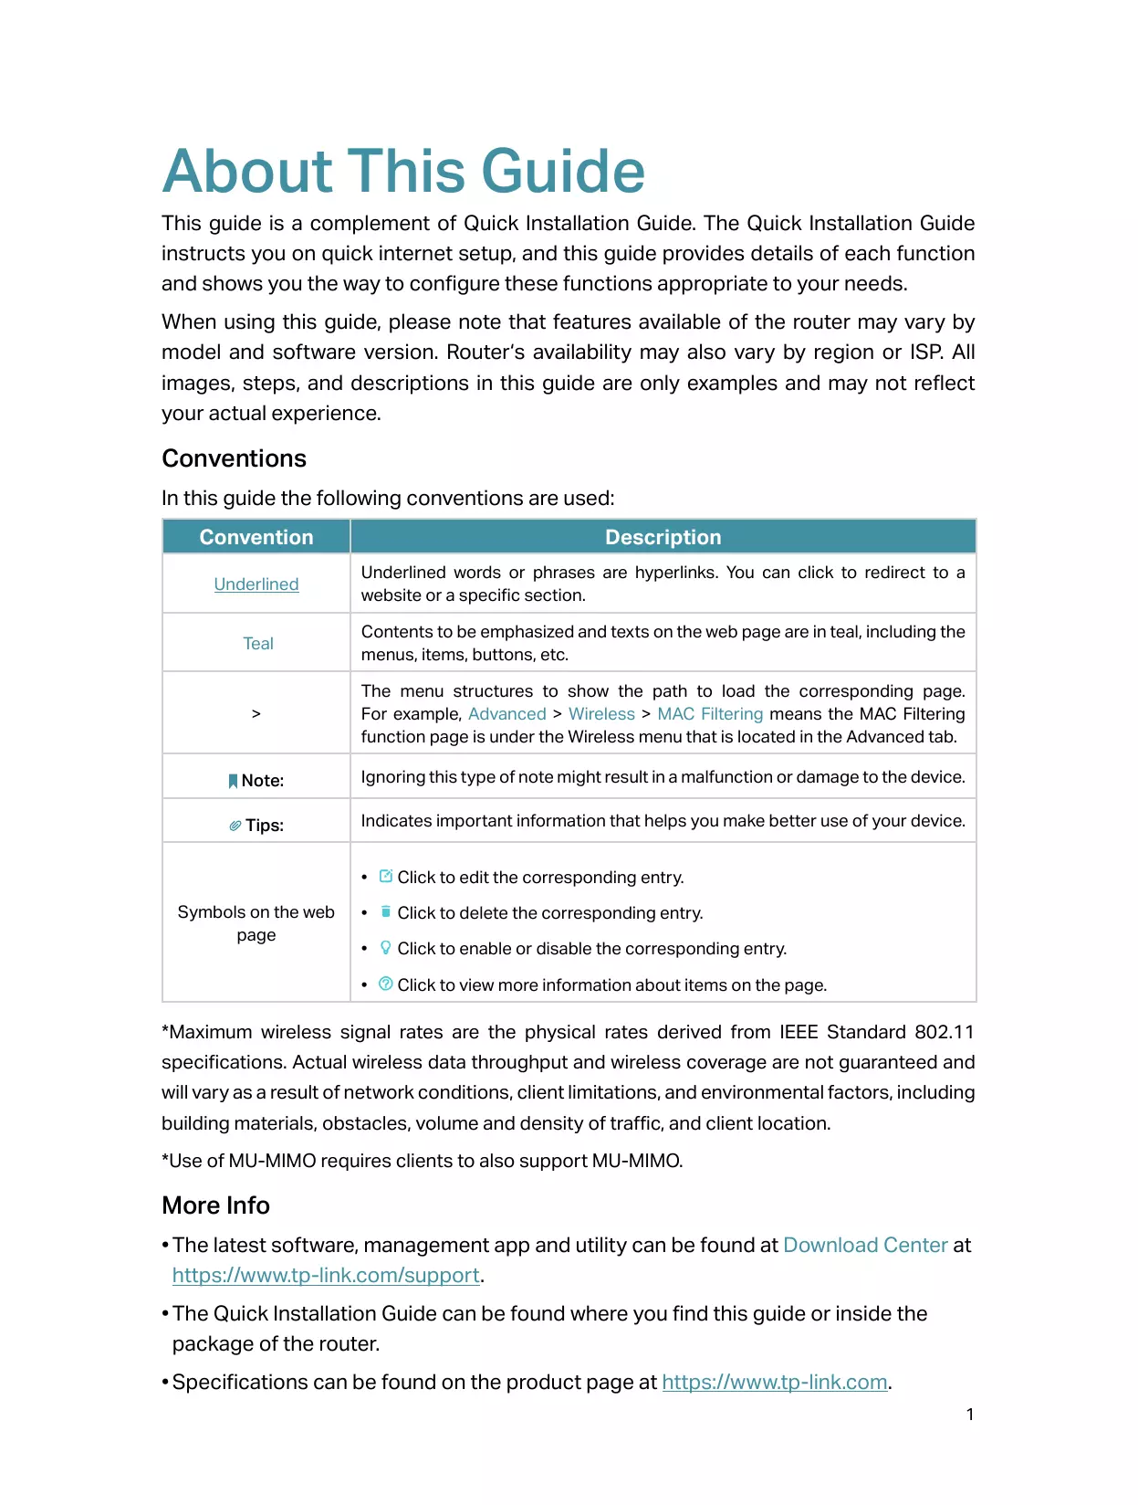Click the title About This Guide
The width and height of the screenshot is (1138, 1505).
pos(403,172)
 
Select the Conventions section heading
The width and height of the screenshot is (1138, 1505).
pos(234,458)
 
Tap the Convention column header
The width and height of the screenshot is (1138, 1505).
pos(256,537)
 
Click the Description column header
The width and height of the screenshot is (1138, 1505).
pos(663,537)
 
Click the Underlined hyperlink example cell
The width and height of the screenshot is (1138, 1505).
pos(256,584)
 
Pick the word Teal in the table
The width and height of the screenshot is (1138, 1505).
pos(258,644)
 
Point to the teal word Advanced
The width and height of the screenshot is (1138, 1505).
pos(506,714)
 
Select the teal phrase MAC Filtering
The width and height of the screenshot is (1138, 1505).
pos(710,714)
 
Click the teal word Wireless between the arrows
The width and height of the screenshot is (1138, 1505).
pos(601,714)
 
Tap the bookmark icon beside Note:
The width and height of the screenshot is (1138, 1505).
pos(233,781)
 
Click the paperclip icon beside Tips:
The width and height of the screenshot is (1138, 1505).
pos(235,826)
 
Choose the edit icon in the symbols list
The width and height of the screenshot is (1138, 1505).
pos(386,877)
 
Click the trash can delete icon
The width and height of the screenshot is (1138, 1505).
pos(386,911)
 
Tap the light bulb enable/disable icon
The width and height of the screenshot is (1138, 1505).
pos(386,948)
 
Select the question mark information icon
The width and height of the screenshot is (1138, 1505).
pos(386,984)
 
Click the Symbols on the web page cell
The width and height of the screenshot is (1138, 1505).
pos(256,923)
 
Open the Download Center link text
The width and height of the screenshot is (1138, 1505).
pos(865,1246)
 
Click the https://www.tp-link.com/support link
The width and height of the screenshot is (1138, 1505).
pos(326,1276)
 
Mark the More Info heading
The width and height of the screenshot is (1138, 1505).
pos(215,1205)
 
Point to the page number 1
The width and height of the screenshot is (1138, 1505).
pos(970,1415)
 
